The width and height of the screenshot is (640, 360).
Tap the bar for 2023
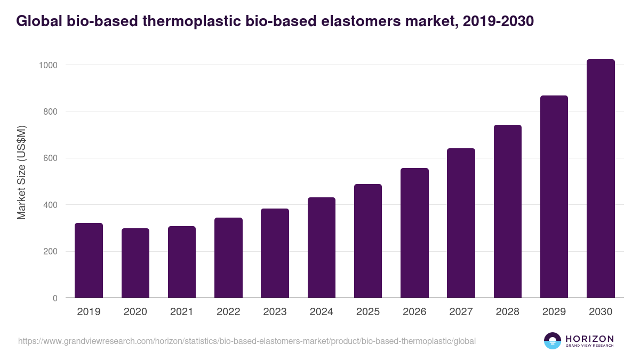coord(275,253)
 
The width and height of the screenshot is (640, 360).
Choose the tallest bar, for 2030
coord(601,179)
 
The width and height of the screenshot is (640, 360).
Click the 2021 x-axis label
coord(181,312)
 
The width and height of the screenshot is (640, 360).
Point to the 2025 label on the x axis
coord(367,312)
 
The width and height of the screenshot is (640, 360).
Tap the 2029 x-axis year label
coord(554,312)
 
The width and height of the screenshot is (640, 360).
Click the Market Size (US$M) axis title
coord(21,173)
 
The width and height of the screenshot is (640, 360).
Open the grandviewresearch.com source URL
coord(247,341)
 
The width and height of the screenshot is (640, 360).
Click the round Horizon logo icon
coord(552,341)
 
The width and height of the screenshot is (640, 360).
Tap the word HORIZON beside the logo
coord(589,339)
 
